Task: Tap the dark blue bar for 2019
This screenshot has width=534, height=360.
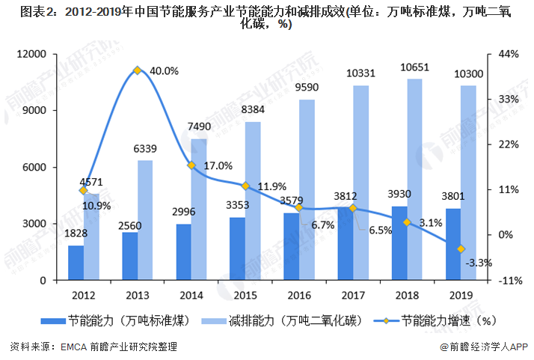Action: point(453,244)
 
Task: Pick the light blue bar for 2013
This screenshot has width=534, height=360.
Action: point(145,220)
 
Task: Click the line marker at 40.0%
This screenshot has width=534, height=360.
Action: point(138,70)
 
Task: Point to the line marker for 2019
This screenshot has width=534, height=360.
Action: point(461,248)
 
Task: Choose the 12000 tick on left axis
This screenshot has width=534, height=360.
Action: point(33,54)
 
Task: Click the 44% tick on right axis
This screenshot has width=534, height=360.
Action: point(508,54)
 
